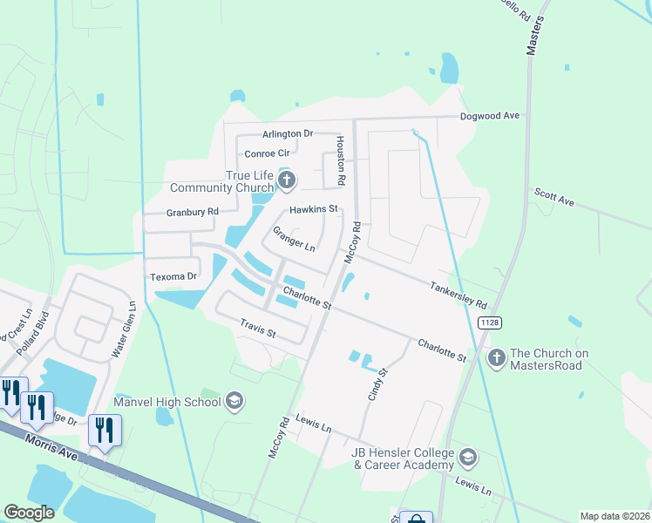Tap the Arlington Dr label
point(288,134)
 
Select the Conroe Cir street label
point(267,153)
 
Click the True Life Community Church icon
point(288,181)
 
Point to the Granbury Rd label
point(193,212)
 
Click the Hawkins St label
point(313,209)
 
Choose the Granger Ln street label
point(294,238)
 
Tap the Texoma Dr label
point(174,276)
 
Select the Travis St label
point(258,328)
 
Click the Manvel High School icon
point(234,401)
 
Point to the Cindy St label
point(375,384)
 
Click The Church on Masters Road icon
point(496,357)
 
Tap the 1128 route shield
point(488,323)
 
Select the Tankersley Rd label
point(458,295)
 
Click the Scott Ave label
point(554,197)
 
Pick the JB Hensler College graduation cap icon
point(468,458)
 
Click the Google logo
point(30,513)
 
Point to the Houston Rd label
point(342,160)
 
